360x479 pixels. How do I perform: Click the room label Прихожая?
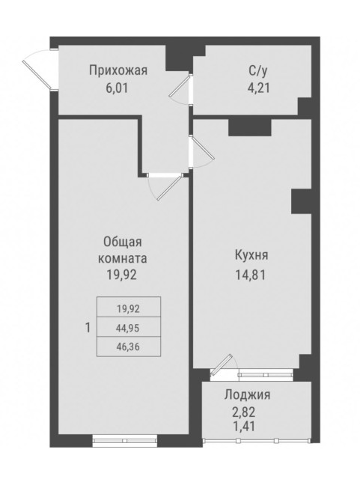[x=118, y=71]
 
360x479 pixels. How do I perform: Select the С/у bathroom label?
[x=258, y=71]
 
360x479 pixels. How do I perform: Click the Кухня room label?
[x=251, y=255]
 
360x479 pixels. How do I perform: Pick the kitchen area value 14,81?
[x=251, y=273]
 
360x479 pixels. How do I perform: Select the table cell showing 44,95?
[x=126, y=327]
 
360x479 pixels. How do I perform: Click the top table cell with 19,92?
[x=126, y=307]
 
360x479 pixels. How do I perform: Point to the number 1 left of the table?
[x=88, y=327]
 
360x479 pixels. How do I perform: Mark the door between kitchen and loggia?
[x=220, y=367]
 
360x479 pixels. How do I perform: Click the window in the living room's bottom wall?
[x=123, y=439]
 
